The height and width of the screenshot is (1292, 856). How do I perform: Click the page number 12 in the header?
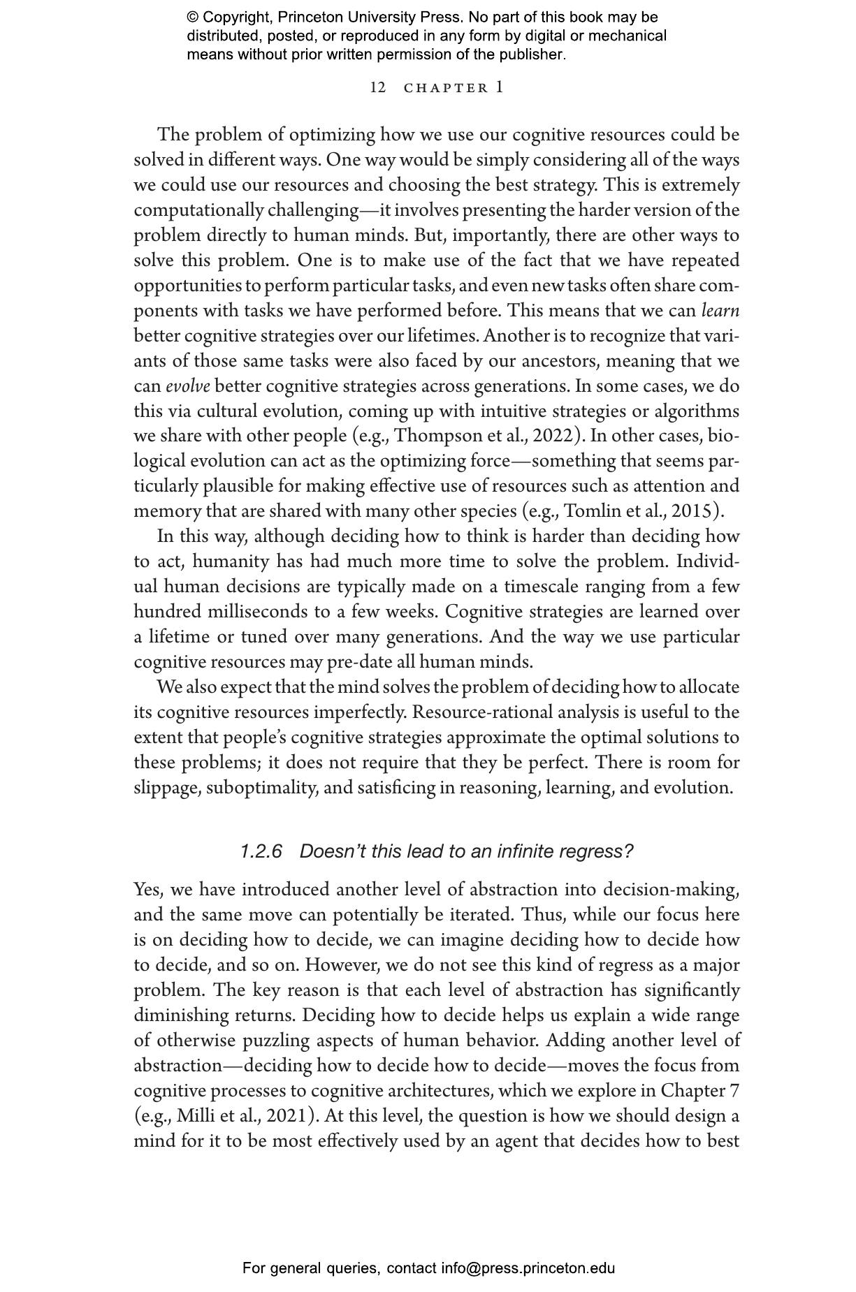377,88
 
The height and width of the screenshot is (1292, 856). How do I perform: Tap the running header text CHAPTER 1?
454,88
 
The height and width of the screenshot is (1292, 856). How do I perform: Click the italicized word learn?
720,311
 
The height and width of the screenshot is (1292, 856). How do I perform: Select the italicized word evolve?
187,386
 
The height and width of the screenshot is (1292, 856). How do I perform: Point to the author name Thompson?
437,436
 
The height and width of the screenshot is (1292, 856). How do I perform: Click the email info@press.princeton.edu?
528,1268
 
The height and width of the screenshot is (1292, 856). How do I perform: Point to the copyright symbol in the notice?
193,17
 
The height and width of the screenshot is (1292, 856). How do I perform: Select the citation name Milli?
195,1116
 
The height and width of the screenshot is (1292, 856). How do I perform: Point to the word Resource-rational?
472,712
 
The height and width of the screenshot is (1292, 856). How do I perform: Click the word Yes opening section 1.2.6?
147,890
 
